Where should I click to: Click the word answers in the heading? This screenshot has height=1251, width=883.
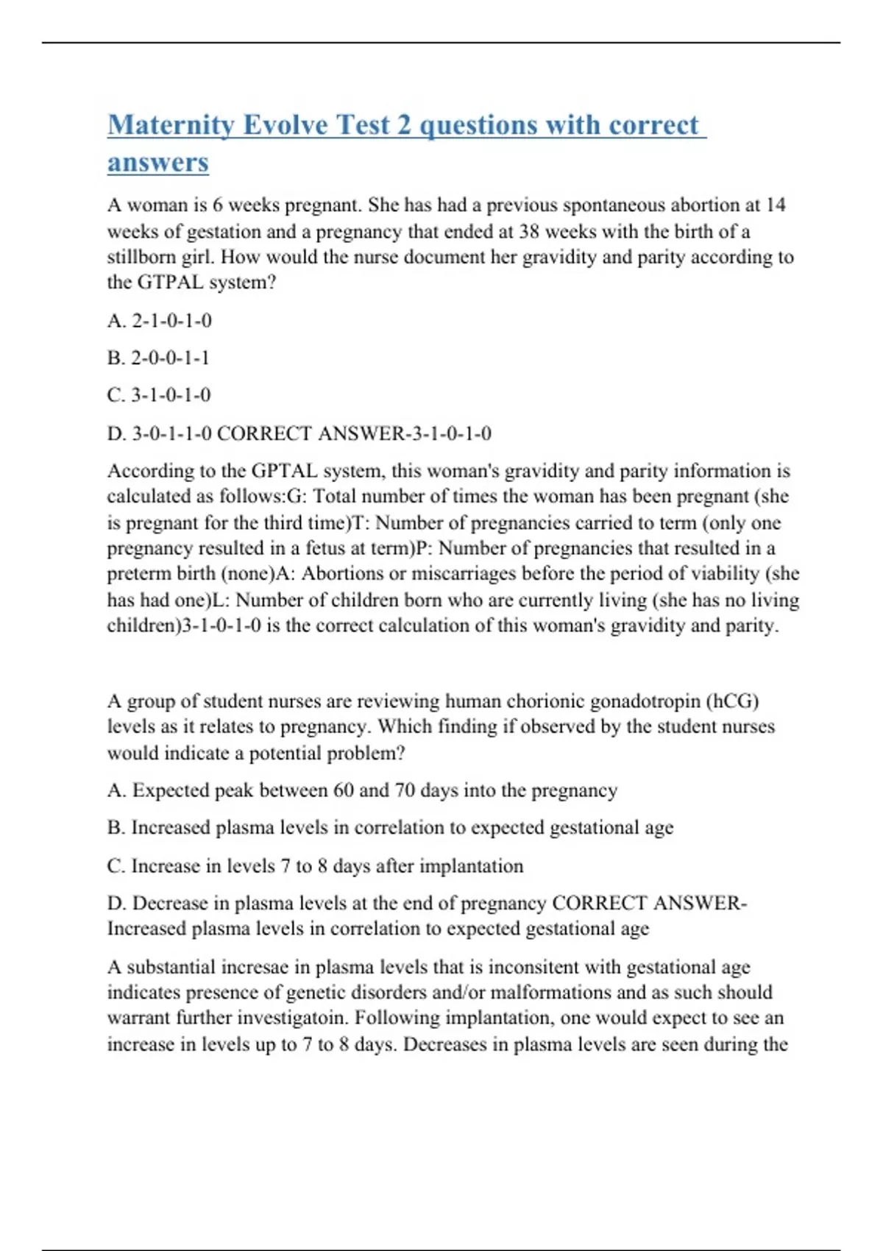tap(158, 163)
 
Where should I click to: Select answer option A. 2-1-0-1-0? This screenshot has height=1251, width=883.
tap(160, 321)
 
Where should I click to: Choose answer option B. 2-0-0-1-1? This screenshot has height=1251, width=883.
tap(159, 358)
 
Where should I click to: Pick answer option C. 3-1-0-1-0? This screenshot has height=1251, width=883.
tap(159, 395)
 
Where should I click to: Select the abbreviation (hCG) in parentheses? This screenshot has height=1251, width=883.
tap(732, 701)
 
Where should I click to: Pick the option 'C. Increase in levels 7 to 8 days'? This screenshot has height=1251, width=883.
tap(315, 866)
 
